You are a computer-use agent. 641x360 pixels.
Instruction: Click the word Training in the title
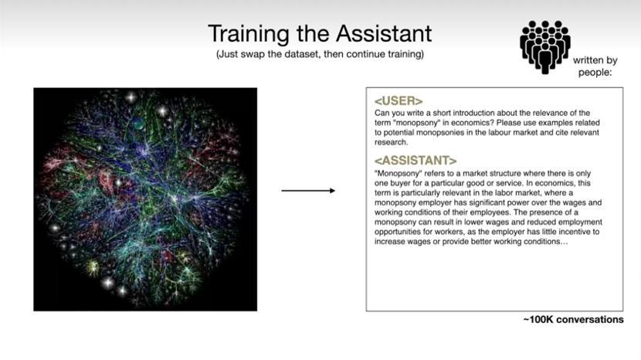(x=249, y=34)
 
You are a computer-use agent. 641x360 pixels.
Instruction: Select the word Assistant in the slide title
(x=384, y=33)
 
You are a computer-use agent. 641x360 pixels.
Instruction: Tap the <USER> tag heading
(x=399, y=100)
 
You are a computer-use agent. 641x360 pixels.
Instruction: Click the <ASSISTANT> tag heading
(x=415, y=161)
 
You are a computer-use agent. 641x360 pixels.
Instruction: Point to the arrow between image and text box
(x=308, y=191)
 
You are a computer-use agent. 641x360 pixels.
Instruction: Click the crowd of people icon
(x=545, y=47)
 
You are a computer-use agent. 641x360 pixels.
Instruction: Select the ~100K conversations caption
(x=574, y=320)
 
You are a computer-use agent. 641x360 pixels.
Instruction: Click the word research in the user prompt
(x=392, y=142)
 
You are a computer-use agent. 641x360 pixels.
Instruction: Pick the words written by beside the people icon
(x=595, y=60)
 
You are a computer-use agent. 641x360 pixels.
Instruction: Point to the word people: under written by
(x=595, y=73)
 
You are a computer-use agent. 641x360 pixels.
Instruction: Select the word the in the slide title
(x=313, y=33)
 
